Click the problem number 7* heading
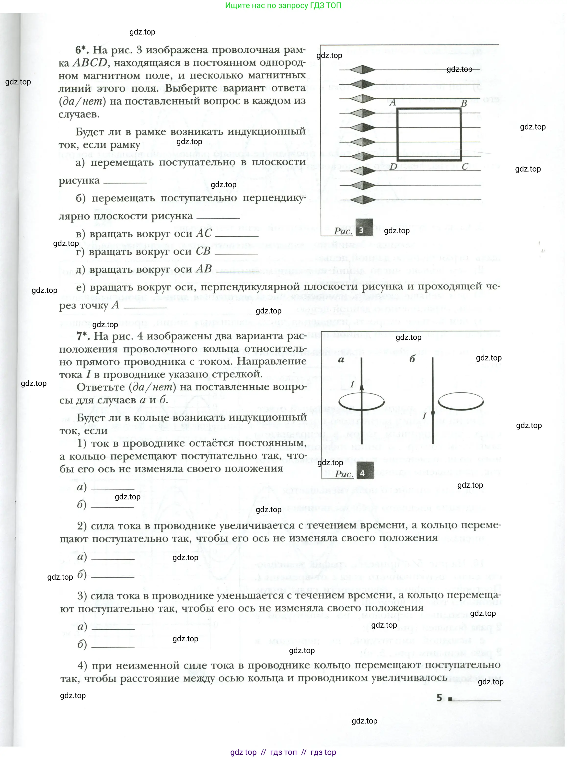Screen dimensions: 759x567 tap(83, 336)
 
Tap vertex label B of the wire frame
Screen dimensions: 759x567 tap(464, 103)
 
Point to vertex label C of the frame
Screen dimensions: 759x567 tap(465, 167)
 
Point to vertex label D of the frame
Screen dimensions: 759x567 tap(393, 167)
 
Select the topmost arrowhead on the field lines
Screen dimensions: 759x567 tap(363, 70)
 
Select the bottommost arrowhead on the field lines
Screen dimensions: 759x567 tap(363, 200)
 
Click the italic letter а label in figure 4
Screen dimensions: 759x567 tap(341, 360)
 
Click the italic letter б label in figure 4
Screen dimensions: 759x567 tap(412, 359)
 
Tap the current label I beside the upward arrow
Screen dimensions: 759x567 tap(352, 384)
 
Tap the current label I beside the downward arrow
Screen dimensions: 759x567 tap(424, 416)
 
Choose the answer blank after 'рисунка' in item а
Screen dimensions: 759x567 tap(125, 183)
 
